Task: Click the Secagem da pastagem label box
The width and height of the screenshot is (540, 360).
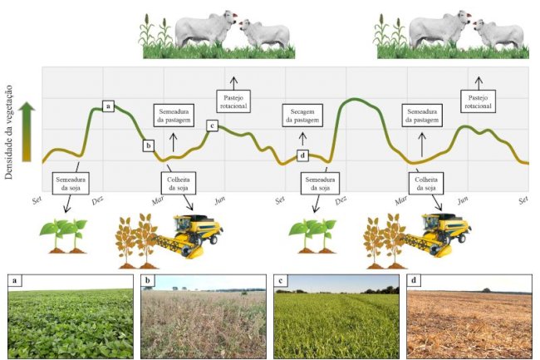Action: click(302, 116)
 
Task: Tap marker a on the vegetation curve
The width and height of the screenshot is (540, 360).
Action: click(108, 106)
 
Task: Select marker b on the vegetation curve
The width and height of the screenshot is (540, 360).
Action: click(149, 145)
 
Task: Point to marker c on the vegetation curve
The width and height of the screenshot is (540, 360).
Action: click(212, 126)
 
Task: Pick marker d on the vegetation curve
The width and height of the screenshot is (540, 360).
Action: click(302, 155)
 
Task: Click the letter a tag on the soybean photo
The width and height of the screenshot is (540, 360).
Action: click(14, 280)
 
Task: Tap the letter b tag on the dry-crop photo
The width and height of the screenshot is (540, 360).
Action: click(148, 280)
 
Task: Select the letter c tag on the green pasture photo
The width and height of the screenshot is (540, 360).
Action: click(281, 280)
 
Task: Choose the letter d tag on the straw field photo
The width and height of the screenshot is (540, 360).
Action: click(414, 280)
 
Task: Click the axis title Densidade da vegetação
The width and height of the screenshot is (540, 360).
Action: click(9, 132)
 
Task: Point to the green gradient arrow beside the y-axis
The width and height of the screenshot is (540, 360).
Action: click(27, 131)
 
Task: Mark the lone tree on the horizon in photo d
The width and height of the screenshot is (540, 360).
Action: click(486, 290)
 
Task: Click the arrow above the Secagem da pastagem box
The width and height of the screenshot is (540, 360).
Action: click(302, 139)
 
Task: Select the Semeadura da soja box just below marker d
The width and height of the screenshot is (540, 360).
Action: click(320, 183)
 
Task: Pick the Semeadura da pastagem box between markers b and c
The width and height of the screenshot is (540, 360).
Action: click(174, 116)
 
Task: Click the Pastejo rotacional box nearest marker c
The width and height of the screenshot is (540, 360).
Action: click(233, 101)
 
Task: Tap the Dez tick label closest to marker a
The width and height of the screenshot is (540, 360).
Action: click(99, 200)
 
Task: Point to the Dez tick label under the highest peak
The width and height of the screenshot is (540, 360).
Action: click(341, 200)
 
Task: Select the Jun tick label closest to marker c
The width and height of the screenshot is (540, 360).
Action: click(220, 200)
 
